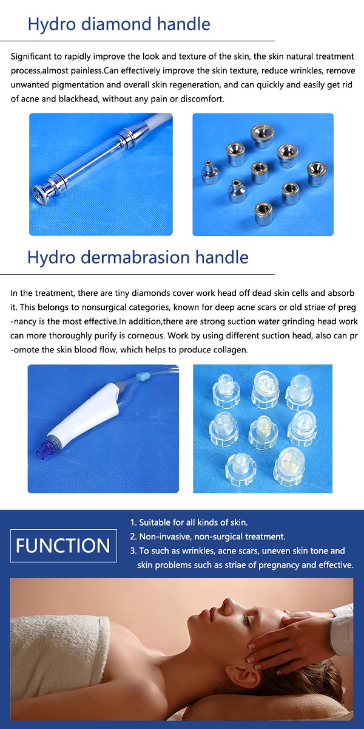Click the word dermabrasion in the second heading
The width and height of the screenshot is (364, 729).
coord(135,257)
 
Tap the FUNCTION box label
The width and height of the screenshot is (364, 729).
coord(63,546)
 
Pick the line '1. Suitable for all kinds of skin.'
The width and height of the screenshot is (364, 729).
coord(189,522)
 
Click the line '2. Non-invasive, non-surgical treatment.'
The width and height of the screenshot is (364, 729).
coord(207,536)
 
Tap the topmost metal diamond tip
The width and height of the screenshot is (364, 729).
coord(262,136)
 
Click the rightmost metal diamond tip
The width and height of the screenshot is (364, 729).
coord(317,174)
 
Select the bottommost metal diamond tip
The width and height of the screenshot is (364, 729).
coord(263,213)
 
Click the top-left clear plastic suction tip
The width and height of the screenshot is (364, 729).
coord(226,389)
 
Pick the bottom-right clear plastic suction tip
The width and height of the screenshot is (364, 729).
coord(289,465)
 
